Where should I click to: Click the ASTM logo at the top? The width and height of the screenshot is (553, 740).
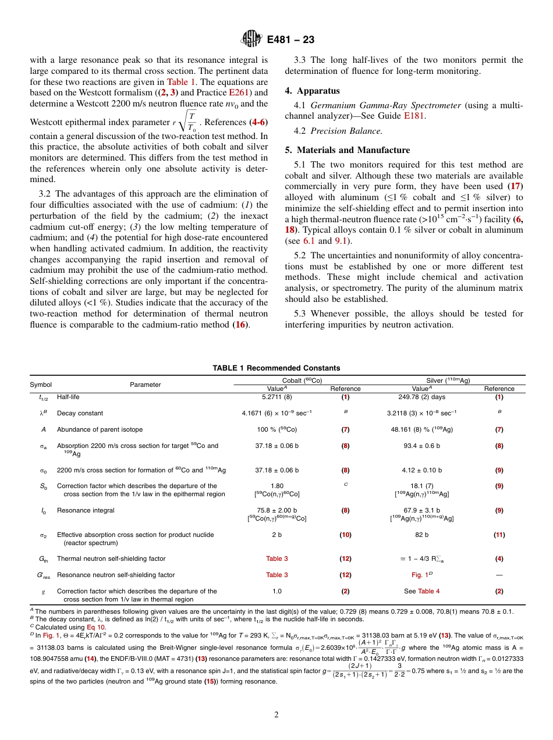(x=251, y=40)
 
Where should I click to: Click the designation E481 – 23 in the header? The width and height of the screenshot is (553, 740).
(x=290, y=40)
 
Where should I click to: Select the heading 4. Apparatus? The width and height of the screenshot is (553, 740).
(x=312, y=91)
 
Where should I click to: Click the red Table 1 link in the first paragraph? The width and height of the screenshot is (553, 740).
(x=182, y=82)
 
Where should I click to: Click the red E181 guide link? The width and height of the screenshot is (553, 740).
(x=414, y=116)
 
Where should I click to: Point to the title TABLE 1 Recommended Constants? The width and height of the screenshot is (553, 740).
(x=276, y=368)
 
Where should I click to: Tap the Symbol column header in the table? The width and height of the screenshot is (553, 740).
(x=41, y=385)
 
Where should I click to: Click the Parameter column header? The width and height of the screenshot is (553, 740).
(x=145, y=385)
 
